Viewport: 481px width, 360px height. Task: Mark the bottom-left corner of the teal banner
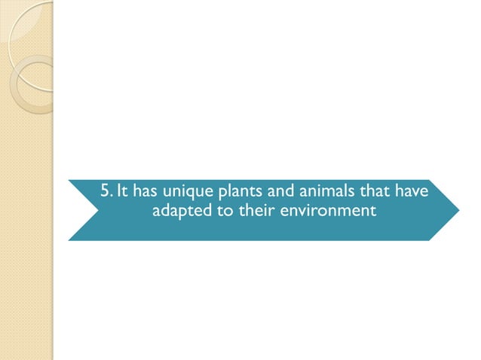(x=69, y=239)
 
